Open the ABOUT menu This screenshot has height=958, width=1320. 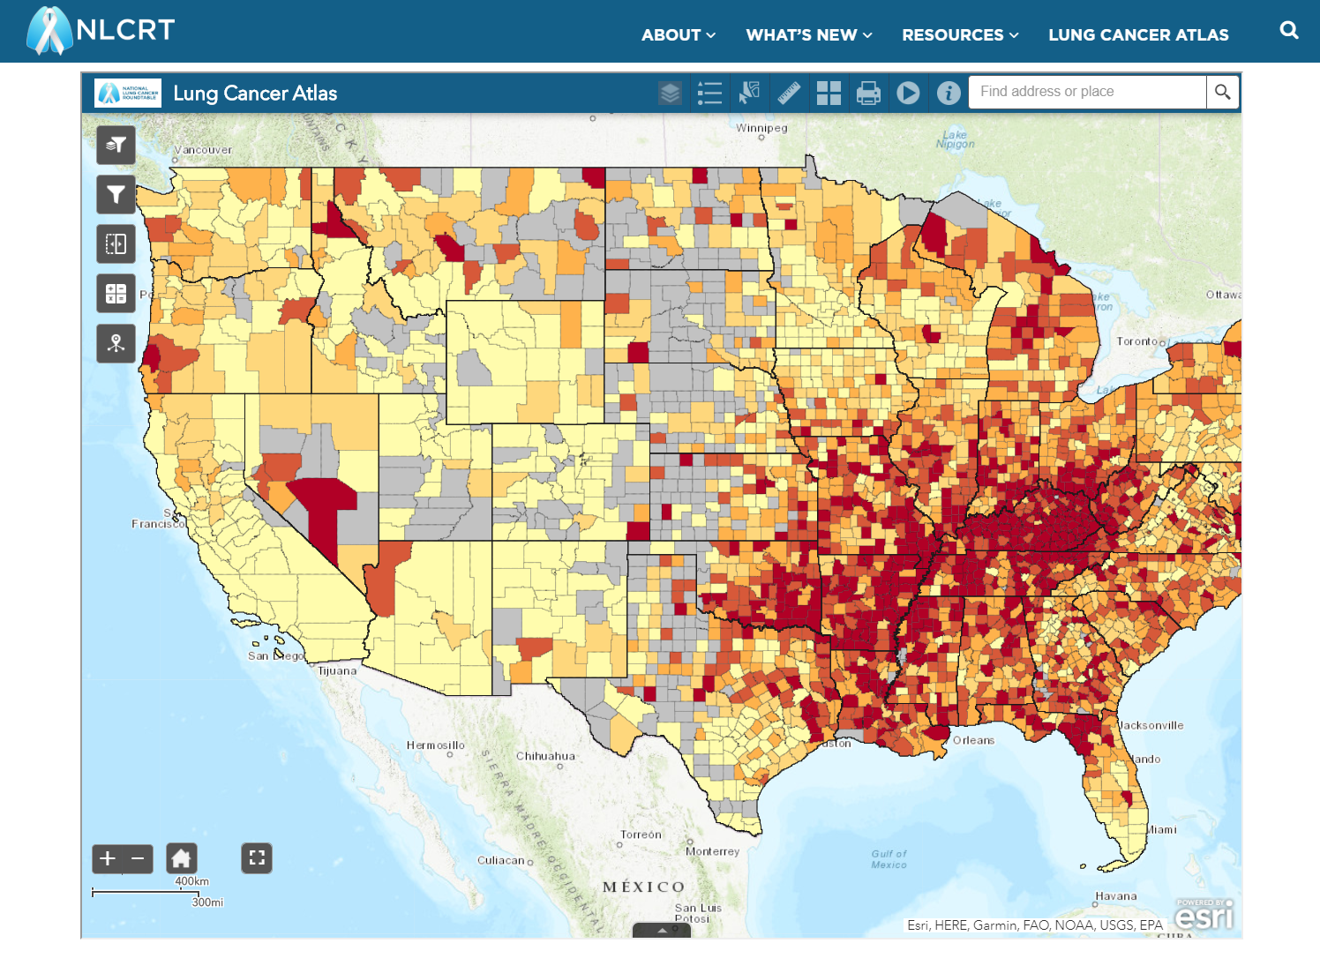tap(678, 35)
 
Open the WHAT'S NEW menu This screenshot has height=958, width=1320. tap(808, 35)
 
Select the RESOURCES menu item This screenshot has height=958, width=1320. tap(959, 35)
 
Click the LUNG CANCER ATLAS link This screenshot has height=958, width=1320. tap(1137, 35)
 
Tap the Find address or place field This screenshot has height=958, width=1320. tap(1087, 92)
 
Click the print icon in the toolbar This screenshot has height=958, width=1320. tap(868, 93)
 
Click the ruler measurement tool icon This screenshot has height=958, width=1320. tap(789, 93)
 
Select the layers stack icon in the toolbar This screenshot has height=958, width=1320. tap(671, 93)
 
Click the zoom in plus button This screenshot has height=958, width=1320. tap(108, 858)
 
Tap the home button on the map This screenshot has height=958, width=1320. tap(181, 858)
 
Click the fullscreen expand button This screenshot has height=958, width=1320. tap(257, 858)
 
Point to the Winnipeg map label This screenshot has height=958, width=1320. tap(761, 128)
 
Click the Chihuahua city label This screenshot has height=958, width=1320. tap(545, 756)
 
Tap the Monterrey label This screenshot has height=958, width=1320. tap(712, 851)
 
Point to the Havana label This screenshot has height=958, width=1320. tap(1115, 896)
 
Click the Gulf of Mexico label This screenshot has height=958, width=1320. tap(889, 859)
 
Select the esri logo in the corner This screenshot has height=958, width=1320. tap(1204, 917)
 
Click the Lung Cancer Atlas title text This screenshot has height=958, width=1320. tap(255, 94)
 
